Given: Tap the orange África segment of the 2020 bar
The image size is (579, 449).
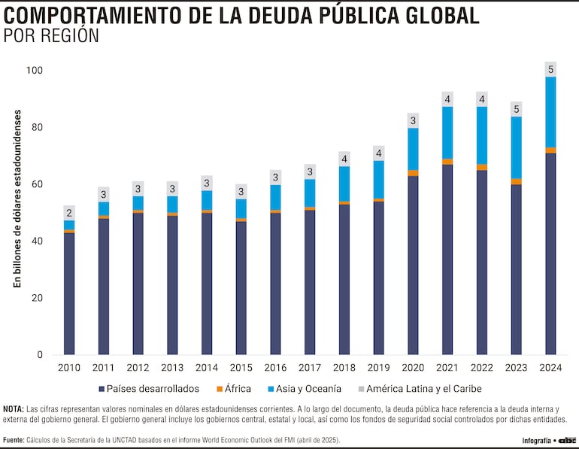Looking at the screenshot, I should coord(413,173).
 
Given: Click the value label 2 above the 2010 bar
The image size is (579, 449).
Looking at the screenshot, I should coord(69,213).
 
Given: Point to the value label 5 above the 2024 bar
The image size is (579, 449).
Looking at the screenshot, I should coord(550,70).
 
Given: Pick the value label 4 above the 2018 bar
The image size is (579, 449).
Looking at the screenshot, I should coord(344,159).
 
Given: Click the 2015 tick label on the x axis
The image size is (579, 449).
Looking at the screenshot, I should coord(241,368).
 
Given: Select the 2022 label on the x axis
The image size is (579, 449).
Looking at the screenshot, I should coord(481,368).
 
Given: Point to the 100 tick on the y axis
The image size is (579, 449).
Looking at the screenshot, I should coord(35,71).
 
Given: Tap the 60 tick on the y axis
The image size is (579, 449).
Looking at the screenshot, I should coord(38,184).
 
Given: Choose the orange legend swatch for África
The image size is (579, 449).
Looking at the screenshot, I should coord(220,389).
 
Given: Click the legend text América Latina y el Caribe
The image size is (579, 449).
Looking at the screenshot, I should coord(425,389).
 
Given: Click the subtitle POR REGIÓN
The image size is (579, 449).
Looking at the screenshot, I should coord(51,36).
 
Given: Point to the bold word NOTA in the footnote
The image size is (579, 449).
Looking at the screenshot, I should coord(13,408).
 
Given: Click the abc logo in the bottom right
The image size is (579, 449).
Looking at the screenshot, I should coord(565,440).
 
